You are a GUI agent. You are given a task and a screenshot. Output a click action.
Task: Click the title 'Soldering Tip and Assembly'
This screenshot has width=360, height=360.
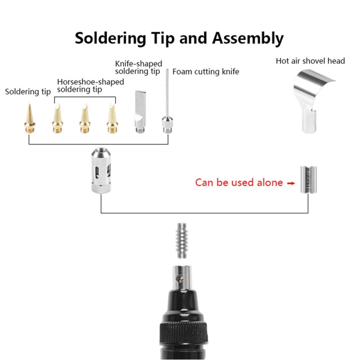[179, 38]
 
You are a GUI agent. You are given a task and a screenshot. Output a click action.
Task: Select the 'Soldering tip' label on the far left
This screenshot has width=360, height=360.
[28, 91]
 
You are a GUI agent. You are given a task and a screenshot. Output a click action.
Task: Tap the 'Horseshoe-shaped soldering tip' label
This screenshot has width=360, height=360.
[90, 85]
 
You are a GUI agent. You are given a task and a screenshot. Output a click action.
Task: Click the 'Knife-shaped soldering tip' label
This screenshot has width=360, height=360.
[138, 67]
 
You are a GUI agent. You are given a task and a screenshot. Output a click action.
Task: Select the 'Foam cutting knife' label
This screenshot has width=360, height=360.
[205, 72]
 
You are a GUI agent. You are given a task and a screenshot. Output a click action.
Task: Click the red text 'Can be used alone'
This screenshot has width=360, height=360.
[239, 182]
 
